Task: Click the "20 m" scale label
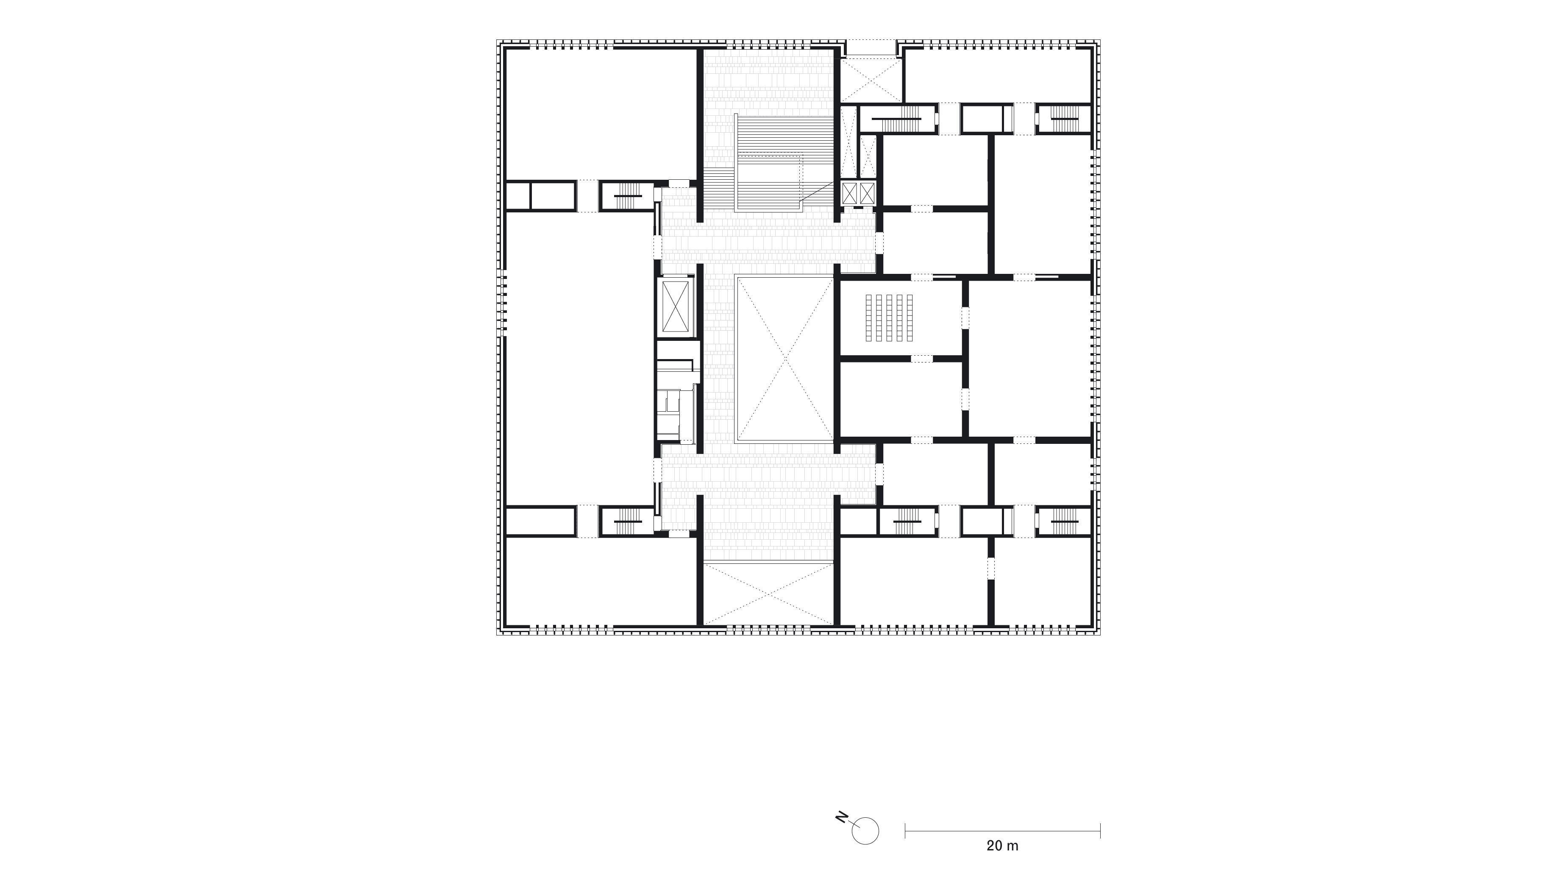1002,846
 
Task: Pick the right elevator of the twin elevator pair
868,193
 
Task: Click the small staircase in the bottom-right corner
1064,521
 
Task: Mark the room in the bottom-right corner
1042,581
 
